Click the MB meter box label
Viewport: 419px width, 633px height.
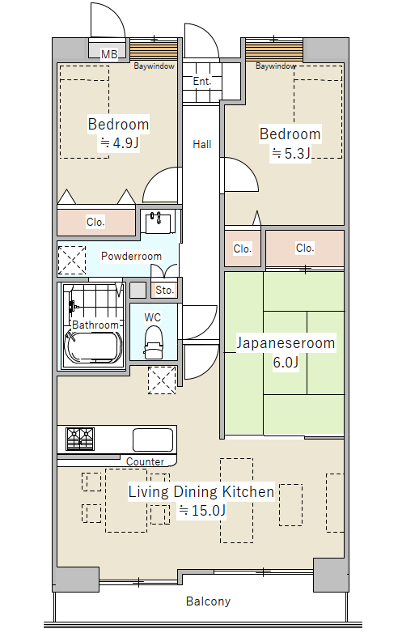point(109,54)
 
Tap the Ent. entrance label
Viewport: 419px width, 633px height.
point(202,81)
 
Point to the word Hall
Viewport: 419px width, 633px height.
point(201,144)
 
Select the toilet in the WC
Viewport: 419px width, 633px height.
point(154,342)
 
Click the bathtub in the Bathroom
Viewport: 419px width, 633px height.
point(93,347)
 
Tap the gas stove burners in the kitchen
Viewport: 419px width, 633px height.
point(80,439)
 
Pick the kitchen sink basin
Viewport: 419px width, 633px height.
point(153,440)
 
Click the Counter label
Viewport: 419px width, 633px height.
point(145,461)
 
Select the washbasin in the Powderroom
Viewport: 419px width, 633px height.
point(158,223)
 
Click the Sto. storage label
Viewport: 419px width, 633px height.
point(164,290)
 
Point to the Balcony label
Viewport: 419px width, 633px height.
point(208,601)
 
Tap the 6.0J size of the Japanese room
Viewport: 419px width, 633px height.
point(286,362)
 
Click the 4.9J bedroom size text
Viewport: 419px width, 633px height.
point(120,142)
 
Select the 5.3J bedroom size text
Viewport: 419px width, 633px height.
point(290,154)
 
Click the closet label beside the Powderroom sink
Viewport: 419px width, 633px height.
point(95,222)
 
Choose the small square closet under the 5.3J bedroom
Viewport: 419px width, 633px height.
point(243,249)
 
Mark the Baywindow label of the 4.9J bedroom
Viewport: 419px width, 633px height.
point(154,66)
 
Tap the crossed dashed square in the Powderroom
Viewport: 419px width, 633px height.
point(72,260)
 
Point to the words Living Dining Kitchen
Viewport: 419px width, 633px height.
point(201,491)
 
